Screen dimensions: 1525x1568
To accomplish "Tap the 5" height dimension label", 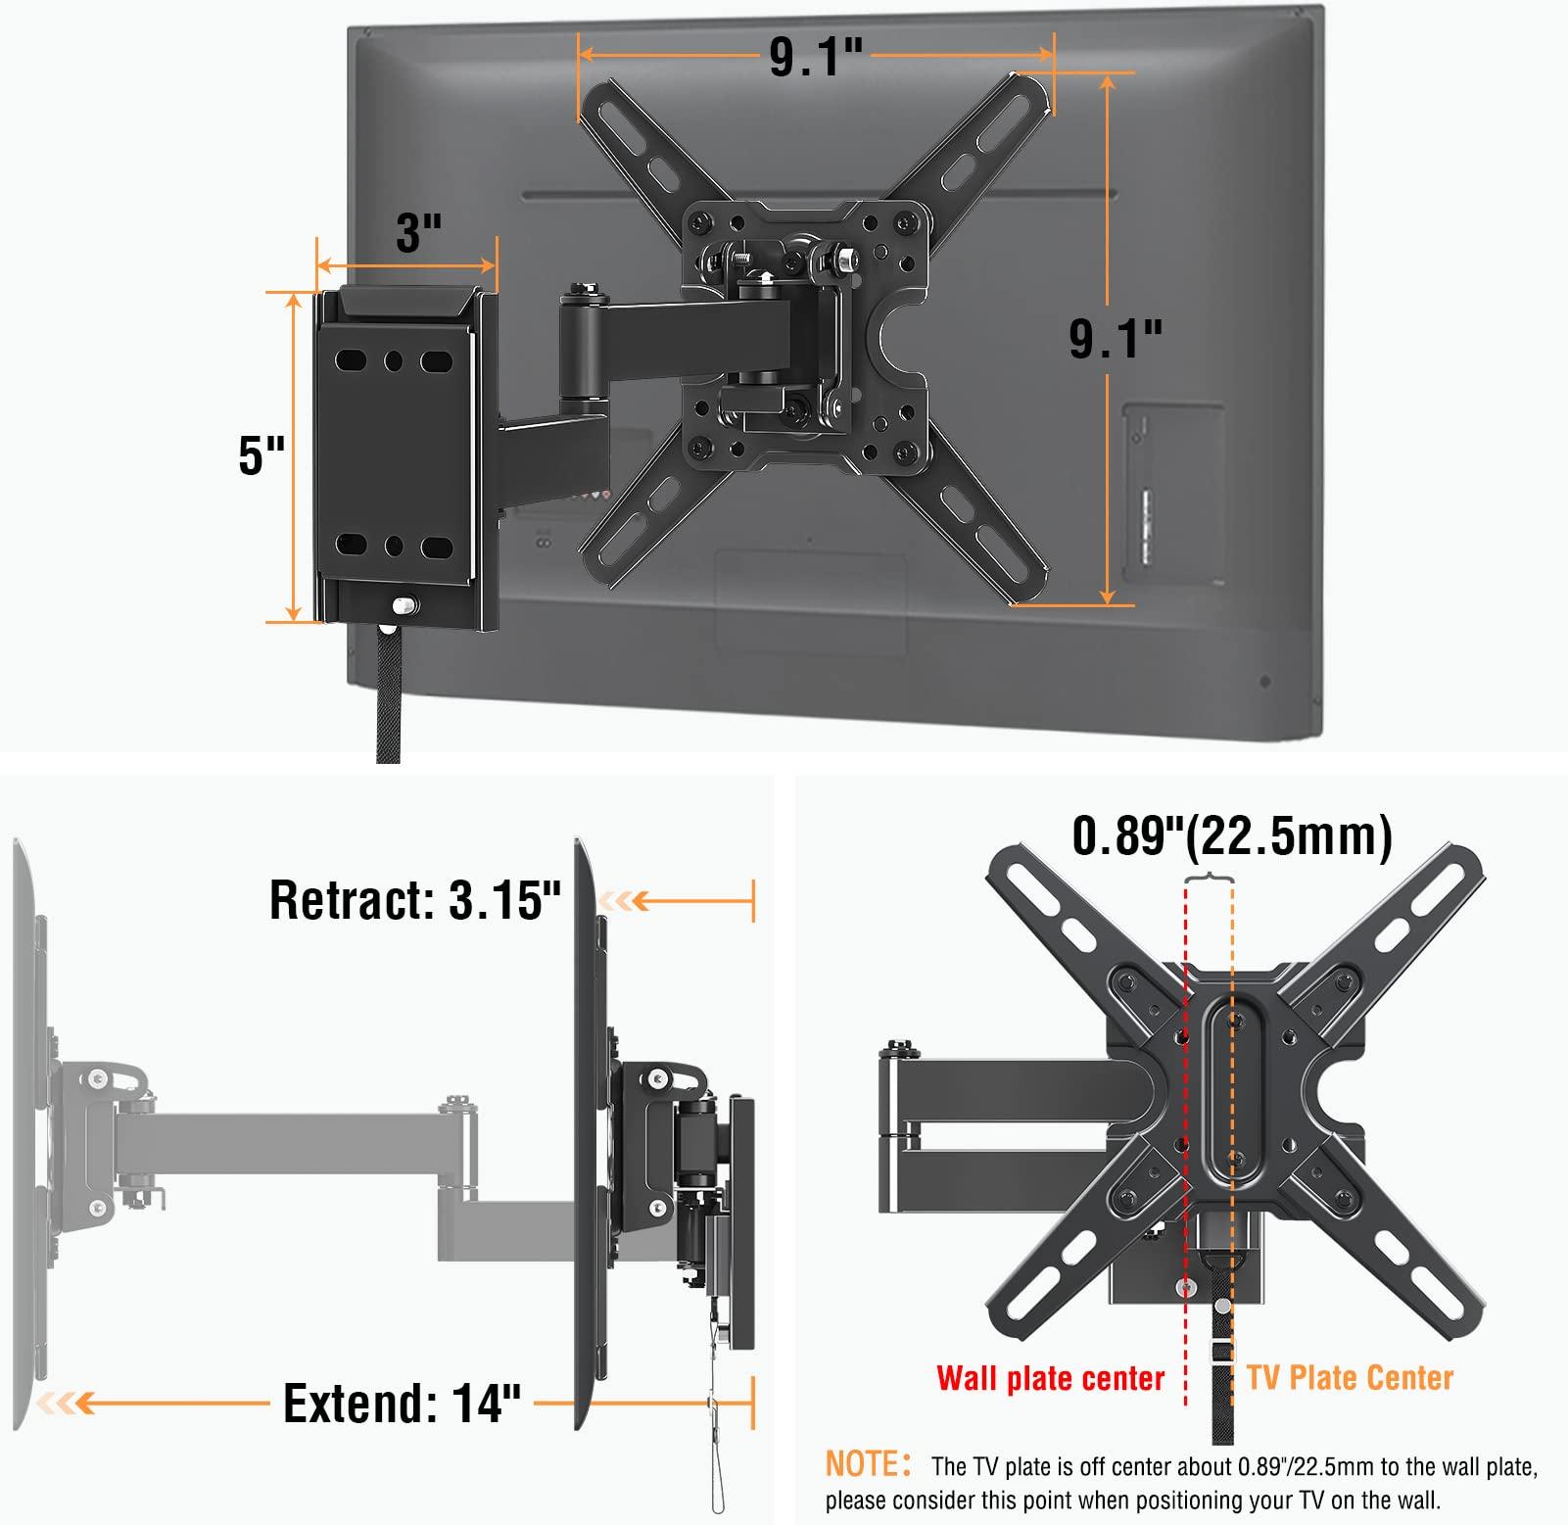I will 261,455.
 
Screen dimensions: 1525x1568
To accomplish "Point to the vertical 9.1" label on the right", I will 1115,339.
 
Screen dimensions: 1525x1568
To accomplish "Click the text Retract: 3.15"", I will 415,899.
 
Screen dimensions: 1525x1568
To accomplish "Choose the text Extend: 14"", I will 402,1404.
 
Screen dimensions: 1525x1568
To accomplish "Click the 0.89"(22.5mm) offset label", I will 1231,837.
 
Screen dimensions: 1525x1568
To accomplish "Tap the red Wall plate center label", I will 1050,1378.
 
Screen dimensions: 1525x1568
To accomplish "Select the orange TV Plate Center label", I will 1350,1378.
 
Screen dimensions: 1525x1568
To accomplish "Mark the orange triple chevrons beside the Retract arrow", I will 624,900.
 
